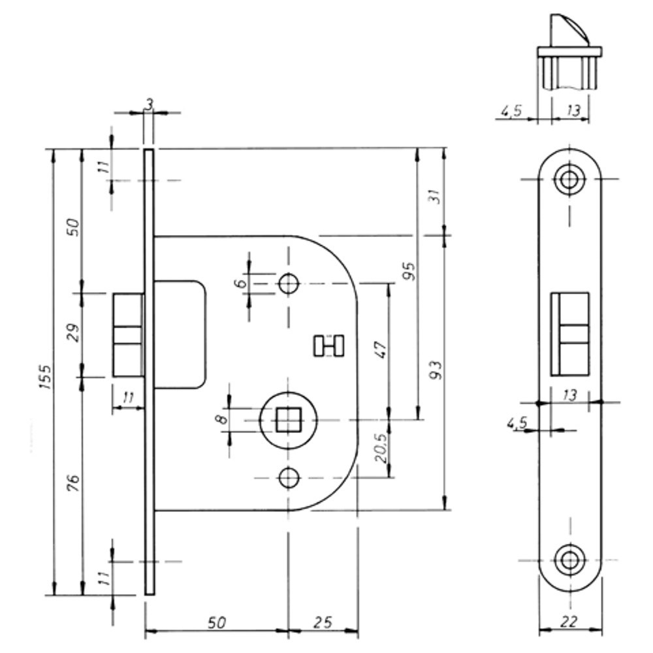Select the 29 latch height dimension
click(x=74, y=333)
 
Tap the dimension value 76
click(x=74, y=484)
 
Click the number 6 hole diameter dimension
click(x=240, y=283)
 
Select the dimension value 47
click(x=381, y=349)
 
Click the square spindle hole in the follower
click(x=286, y=420)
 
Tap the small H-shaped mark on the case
click(x=328, y=345)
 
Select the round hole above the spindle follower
click(x=287, y=283)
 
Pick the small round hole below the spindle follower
click(x=287, y=479)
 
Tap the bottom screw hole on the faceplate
click(x=569, y=560)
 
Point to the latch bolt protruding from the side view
click(x=128, y=335)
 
